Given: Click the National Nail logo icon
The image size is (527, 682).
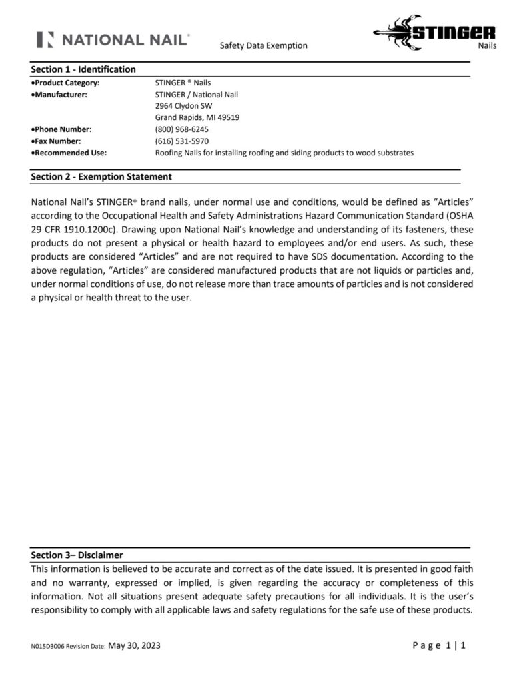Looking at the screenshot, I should tap(45, 39).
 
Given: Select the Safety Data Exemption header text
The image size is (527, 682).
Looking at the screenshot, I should tap(263, 46).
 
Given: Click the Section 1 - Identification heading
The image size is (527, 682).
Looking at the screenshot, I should tap(83, 69).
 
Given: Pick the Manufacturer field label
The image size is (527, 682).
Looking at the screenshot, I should tap(59, 95).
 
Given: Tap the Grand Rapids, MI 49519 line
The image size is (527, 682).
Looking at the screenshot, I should tap(197, 117).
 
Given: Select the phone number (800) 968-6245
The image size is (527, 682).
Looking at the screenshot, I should tap(181, 129).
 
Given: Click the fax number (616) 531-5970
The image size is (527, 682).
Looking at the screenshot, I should tap(181, 141).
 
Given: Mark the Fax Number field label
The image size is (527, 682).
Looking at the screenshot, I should tap(57, 141).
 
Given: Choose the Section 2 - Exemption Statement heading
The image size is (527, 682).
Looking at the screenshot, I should tap(101, 177).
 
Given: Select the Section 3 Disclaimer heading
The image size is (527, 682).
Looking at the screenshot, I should tap(77, 555).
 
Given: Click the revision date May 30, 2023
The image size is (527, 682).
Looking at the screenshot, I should tap(133, 645).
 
